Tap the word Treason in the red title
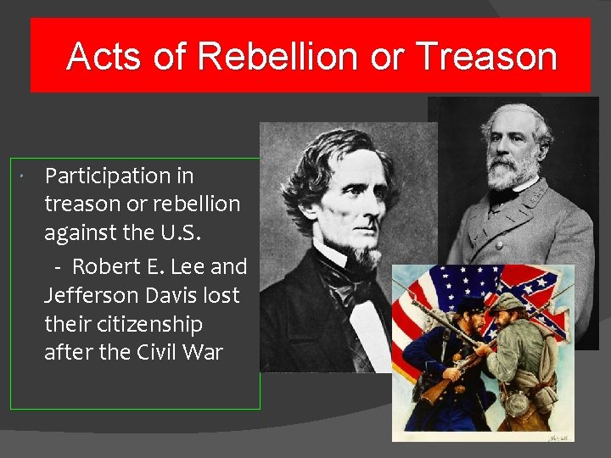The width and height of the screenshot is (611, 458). pyautogui.click(x=487, y=57)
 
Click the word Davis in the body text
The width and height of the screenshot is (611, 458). pyautogui.click(x=174, y=296)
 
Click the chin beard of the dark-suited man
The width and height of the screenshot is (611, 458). pyautogui.click(x=367, y=254)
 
